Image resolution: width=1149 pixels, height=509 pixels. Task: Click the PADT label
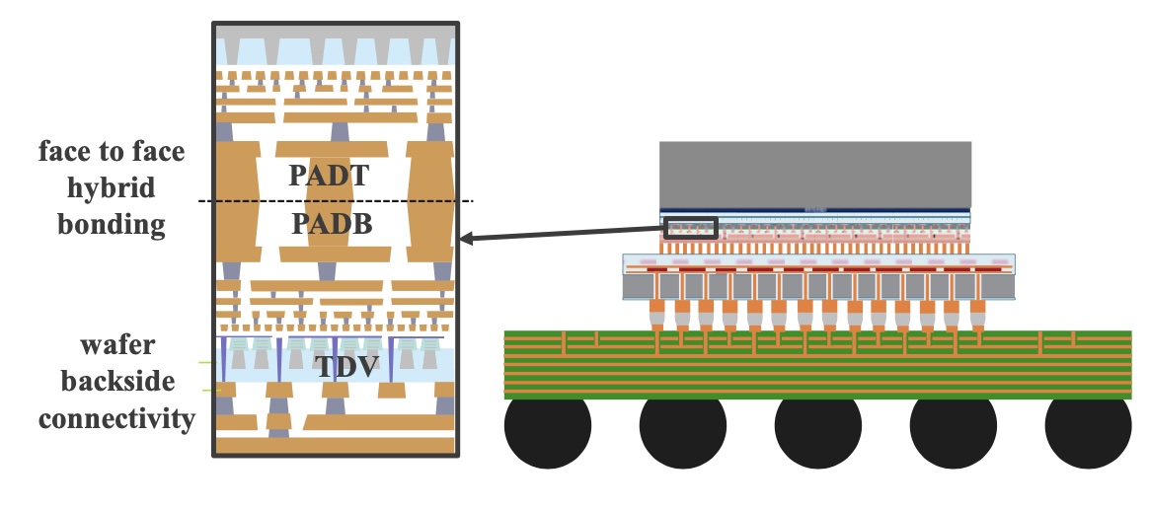[x=329, y=176]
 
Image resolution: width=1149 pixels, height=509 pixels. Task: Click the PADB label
[x=332, y=223]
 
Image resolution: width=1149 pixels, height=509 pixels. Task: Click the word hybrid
[x=112, y=189]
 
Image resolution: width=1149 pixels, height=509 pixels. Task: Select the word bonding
[x=112, y=224]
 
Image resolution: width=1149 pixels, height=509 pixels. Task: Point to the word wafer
[x=117, y=344]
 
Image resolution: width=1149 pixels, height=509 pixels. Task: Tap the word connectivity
[x=117, y=419]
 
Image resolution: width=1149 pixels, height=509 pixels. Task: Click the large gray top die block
[x=815, y=175]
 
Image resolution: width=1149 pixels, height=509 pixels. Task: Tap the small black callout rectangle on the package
[x=690, y=228]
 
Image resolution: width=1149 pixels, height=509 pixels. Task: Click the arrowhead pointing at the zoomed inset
[x=465, y=239]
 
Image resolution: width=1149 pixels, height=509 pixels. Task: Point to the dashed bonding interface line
[x=337, y=200]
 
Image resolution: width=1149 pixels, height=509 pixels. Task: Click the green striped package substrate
[x=817, y=365]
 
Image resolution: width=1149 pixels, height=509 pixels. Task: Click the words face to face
[x=112, y=152]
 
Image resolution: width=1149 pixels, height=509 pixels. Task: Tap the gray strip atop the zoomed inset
[x=336, y=33]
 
